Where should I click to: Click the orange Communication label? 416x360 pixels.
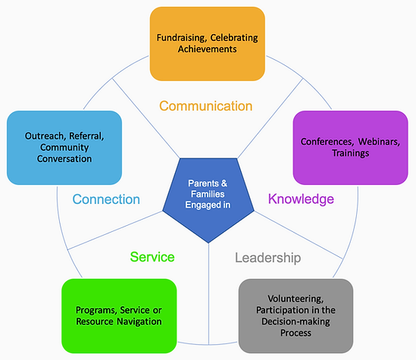pos(205,106)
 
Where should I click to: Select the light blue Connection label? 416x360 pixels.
pos(106,199)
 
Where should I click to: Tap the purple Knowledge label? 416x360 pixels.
pos(301,199)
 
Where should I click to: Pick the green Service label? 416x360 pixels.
pos(152,257)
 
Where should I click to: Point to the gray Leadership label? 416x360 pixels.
pos(268,258)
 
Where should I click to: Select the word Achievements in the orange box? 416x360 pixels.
pos(207,49)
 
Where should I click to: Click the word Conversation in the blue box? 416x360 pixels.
pos(64,158)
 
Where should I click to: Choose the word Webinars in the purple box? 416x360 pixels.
pos(379,142)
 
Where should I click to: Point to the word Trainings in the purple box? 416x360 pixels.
pos(351,153)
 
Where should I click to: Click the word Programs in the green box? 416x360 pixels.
pos(96,310)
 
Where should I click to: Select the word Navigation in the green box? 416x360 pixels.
pos(139,321)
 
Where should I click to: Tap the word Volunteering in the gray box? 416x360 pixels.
pos(296,299)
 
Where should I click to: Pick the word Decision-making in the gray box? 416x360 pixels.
pos(296,321)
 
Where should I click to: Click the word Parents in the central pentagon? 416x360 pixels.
pos(204,183)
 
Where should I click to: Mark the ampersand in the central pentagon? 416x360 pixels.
pos(224,183)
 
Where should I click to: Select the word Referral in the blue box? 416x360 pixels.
pos(86,136)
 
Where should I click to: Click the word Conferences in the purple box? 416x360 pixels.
pos(327,142)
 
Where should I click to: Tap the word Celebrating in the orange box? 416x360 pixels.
pos(234,38)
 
